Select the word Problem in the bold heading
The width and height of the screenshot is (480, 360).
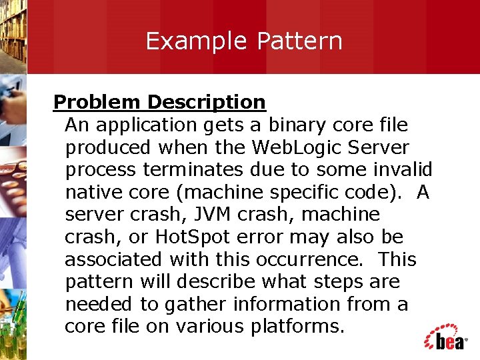coord(97,102)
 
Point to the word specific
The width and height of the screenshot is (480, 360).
coord(284,193)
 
